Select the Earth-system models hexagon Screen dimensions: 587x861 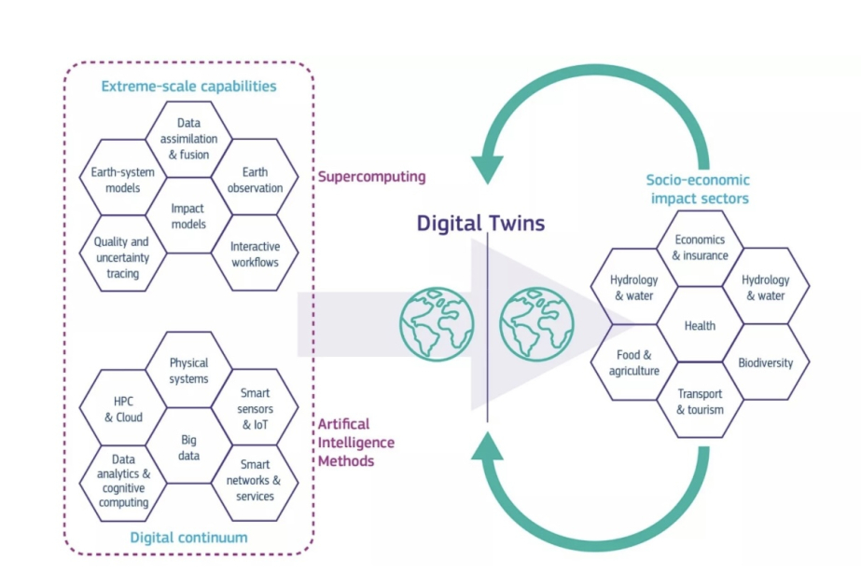[x=117, y=179]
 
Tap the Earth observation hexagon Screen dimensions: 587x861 [x=255, y=179]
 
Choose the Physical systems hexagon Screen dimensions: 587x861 [x=189, y=370]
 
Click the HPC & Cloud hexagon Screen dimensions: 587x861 [x=123, y=409]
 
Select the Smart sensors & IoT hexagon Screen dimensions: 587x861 [x=255, y=409]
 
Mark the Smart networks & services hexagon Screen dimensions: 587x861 [x=255, y=480]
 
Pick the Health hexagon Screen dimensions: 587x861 [x=700, y=325]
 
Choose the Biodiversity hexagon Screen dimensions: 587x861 [x=765, y=362]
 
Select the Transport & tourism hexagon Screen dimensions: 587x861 [x=700, y=402]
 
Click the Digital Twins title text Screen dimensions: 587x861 [x=479, y=224]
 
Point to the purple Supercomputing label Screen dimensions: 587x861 [x=371, y=176]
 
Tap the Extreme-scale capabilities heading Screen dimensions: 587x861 [x=188, y=87]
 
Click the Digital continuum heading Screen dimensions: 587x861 [x=188, y=537]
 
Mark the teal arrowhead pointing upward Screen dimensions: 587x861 [x=488, y=447]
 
